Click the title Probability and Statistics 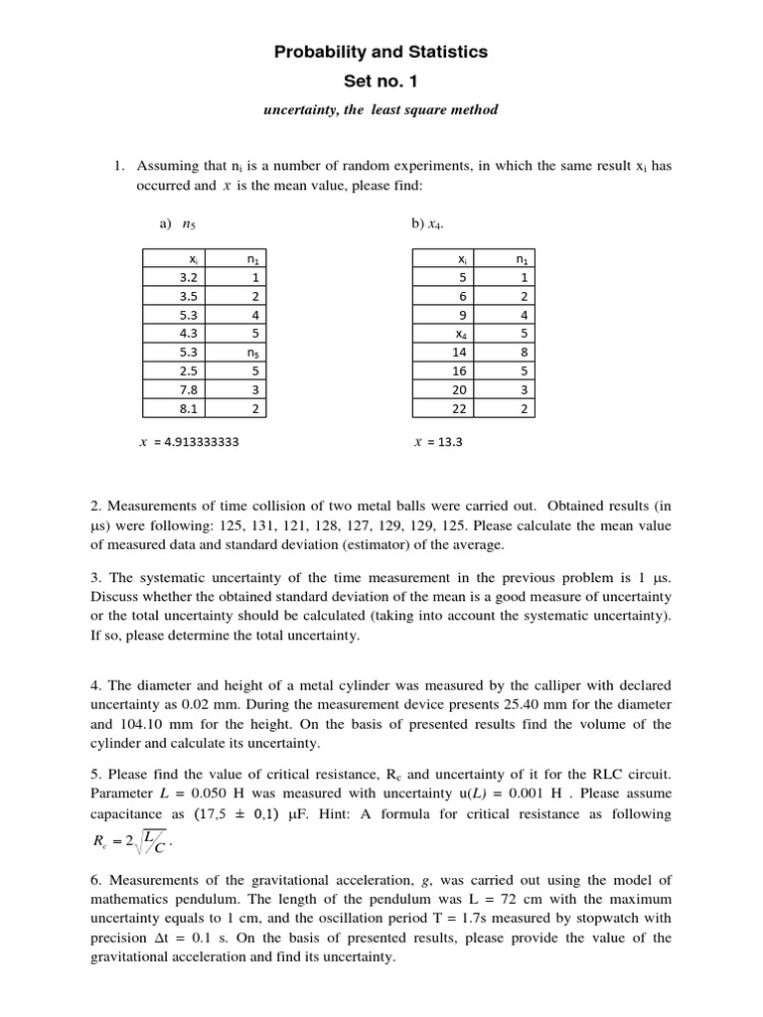click(381, 52)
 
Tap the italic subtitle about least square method click(381, 110)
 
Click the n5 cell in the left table click(254, 352)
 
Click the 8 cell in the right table click(522, 352)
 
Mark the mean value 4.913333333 click(188, 443)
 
